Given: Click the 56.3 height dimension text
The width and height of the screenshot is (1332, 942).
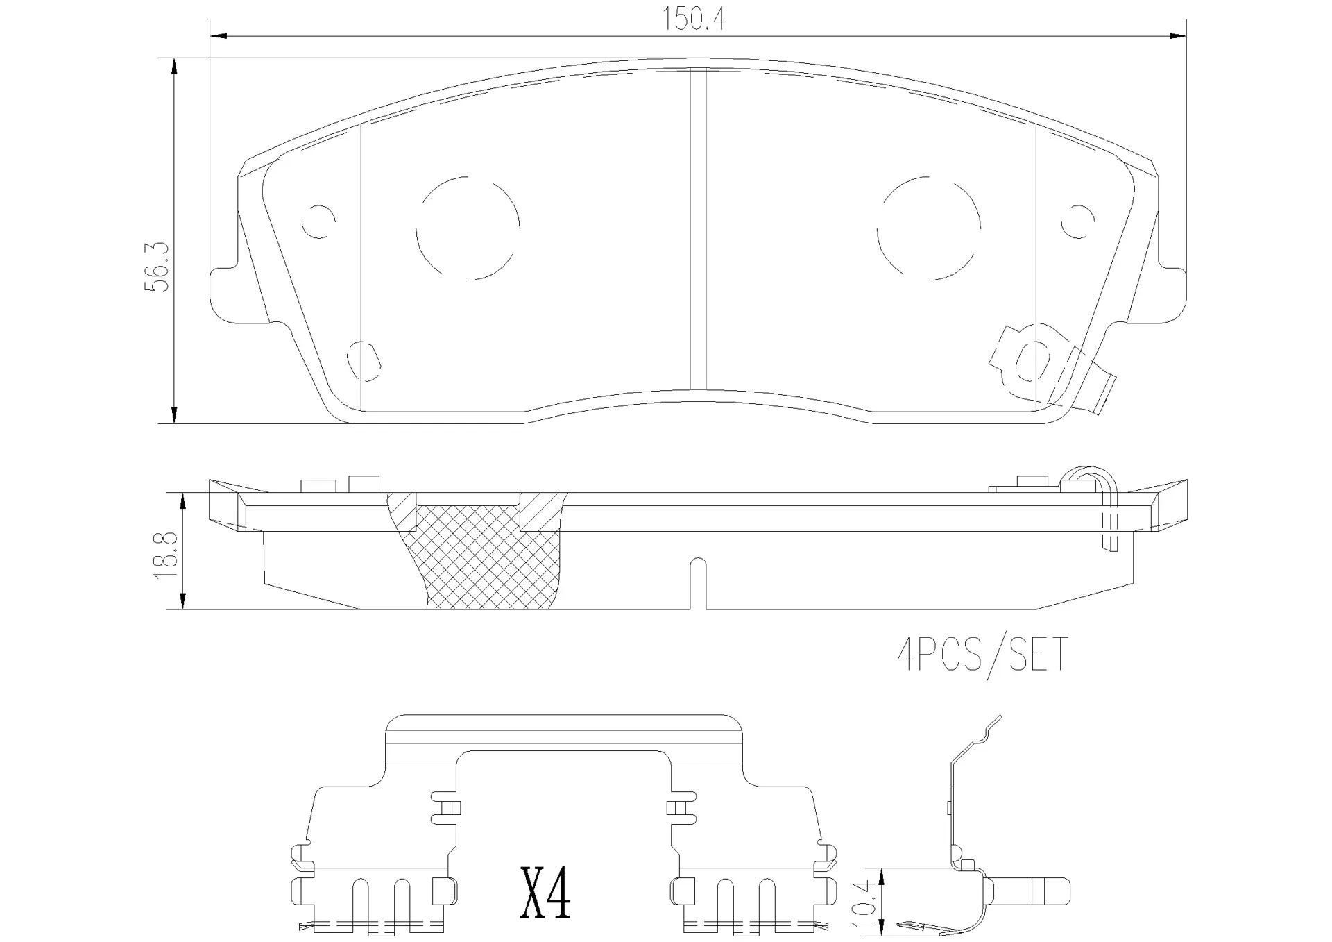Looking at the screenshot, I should coord(157,267).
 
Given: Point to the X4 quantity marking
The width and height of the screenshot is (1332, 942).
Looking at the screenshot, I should coord(545,893).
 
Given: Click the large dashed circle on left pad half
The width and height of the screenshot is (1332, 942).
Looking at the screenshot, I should coord(468,228).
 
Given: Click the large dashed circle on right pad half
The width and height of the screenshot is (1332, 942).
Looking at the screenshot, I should coord(928,228).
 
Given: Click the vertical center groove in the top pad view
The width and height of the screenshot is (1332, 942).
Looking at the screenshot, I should coord(698,229).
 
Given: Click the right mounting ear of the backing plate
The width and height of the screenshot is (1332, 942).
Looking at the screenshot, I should coord(1167,295).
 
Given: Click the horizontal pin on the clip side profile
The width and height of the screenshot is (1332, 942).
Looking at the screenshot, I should coord(1030,891).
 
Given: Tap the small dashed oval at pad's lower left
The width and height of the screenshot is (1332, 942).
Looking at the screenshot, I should coord(364,360).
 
